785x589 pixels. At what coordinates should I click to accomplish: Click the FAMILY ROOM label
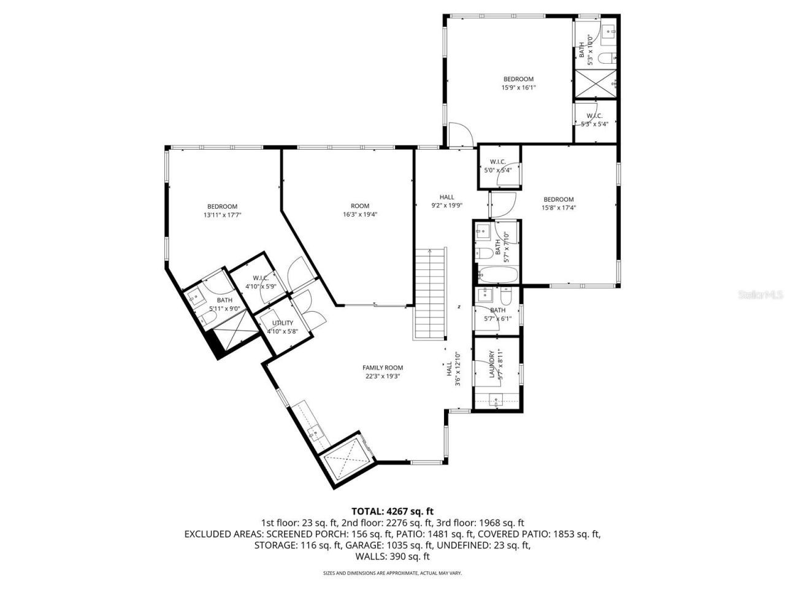coord(382,368)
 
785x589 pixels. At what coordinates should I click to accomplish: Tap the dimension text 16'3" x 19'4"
coord(360,215)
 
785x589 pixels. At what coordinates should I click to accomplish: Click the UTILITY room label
coord(283,323)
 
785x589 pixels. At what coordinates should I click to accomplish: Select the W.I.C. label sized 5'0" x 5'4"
coord(497,162)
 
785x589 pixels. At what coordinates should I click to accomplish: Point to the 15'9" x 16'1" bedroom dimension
coord(518,87)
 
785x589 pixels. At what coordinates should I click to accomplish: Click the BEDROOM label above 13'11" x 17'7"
coord(222,207)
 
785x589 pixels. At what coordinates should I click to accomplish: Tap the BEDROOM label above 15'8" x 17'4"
coord(558,199)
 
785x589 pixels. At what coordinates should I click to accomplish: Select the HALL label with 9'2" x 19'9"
coord(446,197)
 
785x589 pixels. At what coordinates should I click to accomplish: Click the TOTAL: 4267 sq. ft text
coord(392,510)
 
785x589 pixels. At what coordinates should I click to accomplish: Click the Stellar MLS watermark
coord(760,294)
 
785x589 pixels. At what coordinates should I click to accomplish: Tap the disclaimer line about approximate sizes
coord(392,573)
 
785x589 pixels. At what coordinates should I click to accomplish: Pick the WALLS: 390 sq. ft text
coord(392,557)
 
